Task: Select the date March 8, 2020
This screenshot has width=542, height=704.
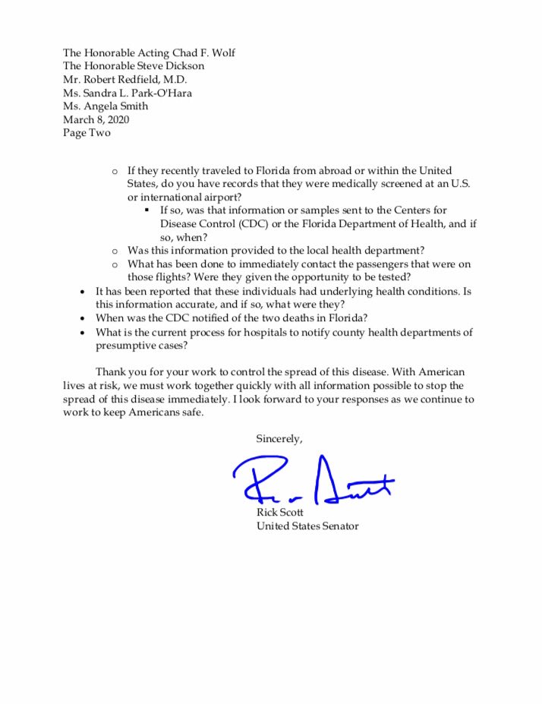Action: click(94, 119)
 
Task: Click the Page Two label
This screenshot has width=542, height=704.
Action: click(87, 133)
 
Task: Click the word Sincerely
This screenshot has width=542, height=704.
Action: click(279, 439)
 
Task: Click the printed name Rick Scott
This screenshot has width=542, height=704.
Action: click(280, 513)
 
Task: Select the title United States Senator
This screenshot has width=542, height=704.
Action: click(307, 526)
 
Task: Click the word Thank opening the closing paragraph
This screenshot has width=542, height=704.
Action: click(110, 372)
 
